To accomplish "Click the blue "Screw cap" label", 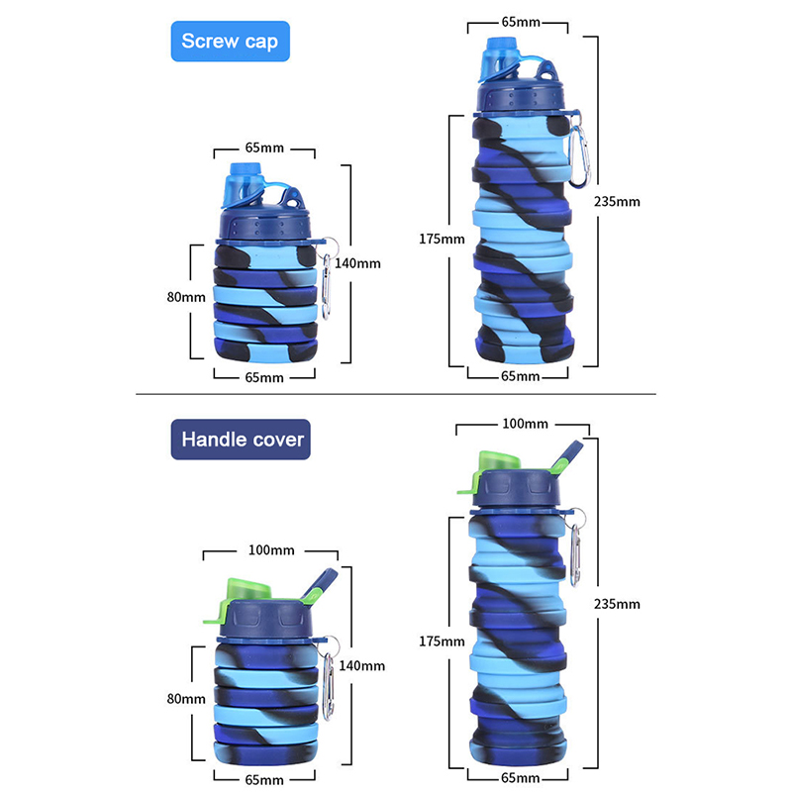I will click(x=230, y=42).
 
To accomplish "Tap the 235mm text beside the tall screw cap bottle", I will click(x=617, y=201).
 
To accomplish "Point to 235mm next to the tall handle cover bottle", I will click(x=617, y=604).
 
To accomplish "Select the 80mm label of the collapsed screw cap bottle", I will click(x=187, y=297).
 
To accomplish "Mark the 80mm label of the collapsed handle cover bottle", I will click(x=186, y=699).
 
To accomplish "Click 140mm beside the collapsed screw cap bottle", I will click(x=357, y=263).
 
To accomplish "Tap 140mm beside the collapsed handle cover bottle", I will click(x=360, y=666).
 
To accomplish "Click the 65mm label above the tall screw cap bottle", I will click(x=520, y=20).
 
